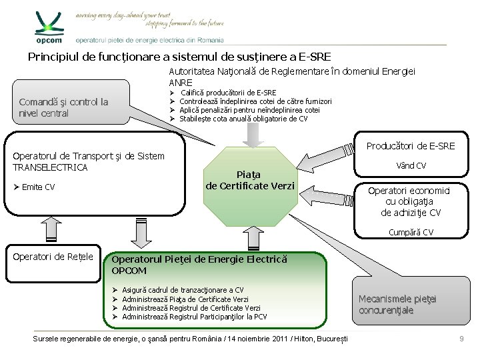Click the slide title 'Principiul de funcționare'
point(179,57)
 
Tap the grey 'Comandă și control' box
point(64,107)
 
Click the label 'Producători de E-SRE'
point(411,145)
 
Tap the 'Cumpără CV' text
point(411,232)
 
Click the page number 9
point(461,340)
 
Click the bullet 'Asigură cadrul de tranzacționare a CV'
point(183,290)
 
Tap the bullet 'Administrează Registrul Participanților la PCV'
point(194,317)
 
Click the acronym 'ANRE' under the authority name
point(181,82)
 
